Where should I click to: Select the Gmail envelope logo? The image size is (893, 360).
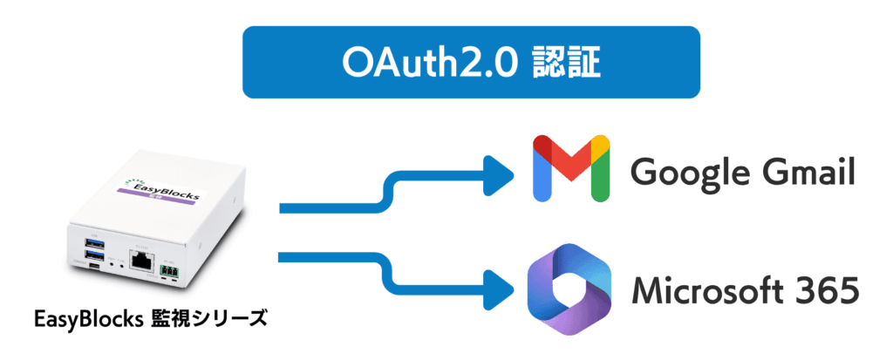click(x=570, y=168)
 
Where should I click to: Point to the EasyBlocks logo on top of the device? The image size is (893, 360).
click(x=160, y=188)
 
